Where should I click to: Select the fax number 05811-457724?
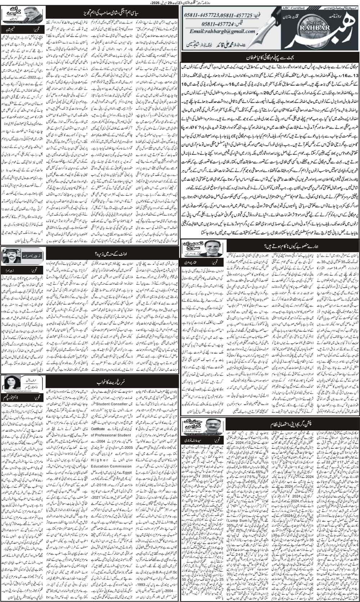(x=233, y=22)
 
